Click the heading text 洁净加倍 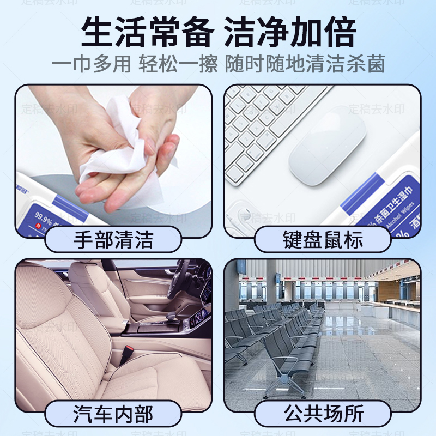tap(290, 33)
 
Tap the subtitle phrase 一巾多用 tap(92, 64)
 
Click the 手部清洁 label tap(113, 239)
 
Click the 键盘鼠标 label tap(323, 239)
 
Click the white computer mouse tap(327, 144)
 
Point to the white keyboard tap(267, 125)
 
